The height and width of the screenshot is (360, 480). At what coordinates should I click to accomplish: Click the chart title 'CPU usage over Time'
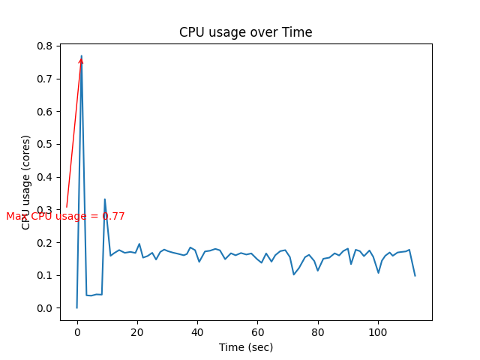point(245,32)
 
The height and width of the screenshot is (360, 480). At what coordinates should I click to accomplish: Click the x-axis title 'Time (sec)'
point(245,347)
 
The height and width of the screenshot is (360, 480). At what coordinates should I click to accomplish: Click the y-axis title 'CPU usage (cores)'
point(26,182)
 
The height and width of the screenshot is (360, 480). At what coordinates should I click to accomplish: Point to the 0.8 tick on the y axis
point(45,46)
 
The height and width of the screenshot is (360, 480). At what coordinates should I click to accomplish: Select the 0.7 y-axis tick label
point(45,79)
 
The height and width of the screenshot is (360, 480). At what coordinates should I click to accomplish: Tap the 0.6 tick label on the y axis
point(45,112)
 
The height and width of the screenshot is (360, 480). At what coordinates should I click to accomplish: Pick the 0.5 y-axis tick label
point(45,144)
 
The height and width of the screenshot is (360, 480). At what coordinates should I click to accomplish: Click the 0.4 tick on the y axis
point(45,177)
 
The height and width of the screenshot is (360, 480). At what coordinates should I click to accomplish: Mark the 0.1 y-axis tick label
point(45,275)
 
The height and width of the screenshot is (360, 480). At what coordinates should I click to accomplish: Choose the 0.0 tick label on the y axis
point(45,308)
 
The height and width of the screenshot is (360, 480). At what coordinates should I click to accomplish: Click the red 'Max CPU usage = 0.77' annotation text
point(65,216)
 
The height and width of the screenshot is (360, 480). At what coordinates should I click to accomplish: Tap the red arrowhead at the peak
point(81,60)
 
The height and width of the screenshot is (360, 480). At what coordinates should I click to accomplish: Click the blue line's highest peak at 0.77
point(81,55)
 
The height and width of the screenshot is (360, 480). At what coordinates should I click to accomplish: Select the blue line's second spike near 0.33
point(104,199)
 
